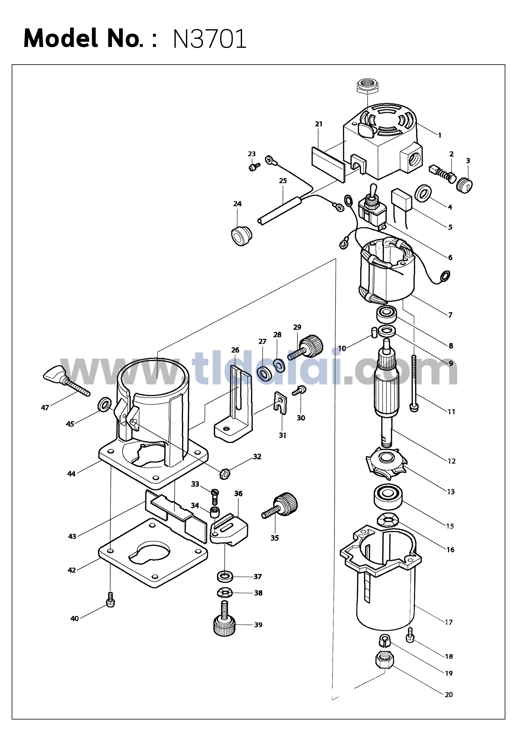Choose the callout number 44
pyautogui.click(x=71, y=474)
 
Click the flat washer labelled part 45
pyautogui.click(x=104, y=405)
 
